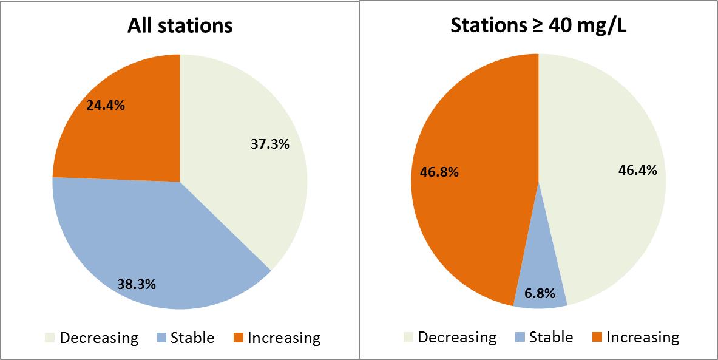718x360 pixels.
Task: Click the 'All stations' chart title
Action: [180, 26]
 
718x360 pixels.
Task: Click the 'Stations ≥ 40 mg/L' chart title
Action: [538, 26]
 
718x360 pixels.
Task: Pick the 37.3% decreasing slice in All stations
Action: [243, 182]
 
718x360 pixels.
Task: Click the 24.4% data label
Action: [106, 105]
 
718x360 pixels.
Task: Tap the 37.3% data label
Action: [269, 144]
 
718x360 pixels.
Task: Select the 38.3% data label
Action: [137, 284]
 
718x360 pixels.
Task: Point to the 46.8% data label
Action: [439, 172]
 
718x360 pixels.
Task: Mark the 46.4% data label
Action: [637, 171]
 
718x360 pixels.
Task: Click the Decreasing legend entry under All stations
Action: [92, 338]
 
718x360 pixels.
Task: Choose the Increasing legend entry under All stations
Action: [276, 338]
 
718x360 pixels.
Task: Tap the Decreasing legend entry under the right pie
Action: [450, 337]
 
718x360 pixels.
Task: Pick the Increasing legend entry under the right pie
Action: [635, 337]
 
